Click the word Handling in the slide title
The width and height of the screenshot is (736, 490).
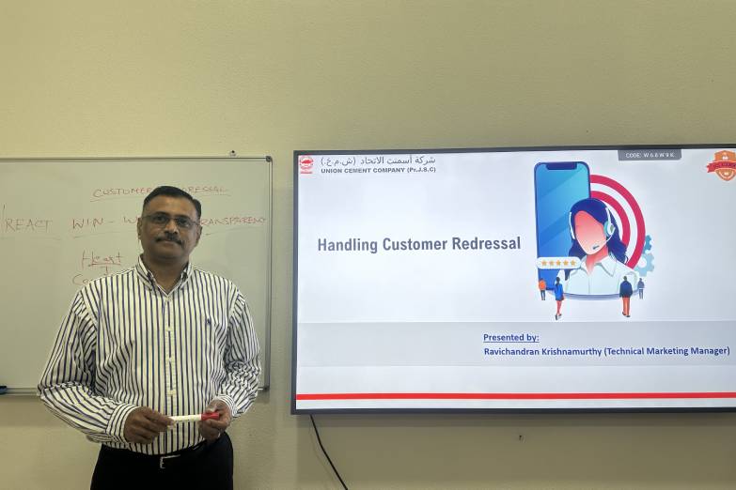347,245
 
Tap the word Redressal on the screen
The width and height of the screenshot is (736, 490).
486,244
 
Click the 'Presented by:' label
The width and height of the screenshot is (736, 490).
510,338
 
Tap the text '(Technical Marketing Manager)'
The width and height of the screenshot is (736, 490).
666,351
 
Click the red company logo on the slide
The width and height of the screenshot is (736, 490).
306,164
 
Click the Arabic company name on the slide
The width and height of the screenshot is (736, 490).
379,160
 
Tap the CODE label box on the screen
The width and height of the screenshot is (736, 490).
650,155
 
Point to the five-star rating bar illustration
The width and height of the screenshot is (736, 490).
557,264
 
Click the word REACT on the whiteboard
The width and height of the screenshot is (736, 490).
28,224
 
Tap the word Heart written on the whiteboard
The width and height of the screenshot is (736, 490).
101,257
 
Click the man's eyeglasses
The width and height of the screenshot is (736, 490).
169,222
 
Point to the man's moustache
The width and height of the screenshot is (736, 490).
169,239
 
